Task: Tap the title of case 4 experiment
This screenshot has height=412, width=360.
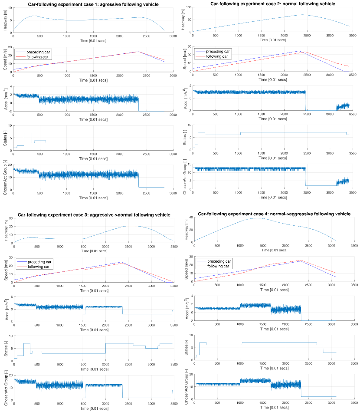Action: pos(274,214)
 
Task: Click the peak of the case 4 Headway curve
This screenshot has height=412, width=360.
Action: pos(259,218)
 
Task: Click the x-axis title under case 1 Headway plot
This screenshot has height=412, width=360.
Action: pos(93,40)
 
